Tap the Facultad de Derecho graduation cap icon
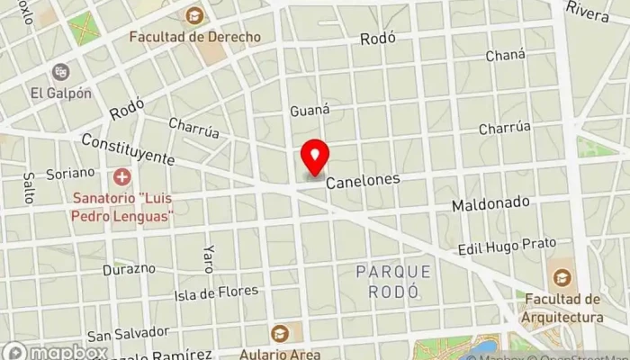pyautogui.click(x=194, y=15)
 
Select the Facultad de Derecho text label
pyautogui.click(x=194, y=37)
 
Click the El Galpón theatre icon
pyautogui.click(x=60, y=71)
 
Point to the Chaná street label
pyautogui.click(x=505, y=55)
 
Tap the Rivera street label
pyautogui.click(x=589, y=8)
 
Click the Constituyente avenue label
pyautogui.click(x=127, y=149)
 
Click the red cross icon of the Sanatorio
pyautogui.click(x=121, y=177)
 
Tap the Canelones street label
pyautogui.click(x=363, y=181)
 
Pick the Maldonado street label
pyautogui.click(x=490, y=203)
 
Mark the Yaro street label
pyautogui.click(x=208, y=258)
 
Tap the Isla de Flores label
pyautogui.click(x=216, y=292)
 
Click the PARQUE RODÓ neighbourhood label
pyautogui.click(x=393, y=280)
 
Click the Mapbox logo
pyautogui.click(x=54, y=352)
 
